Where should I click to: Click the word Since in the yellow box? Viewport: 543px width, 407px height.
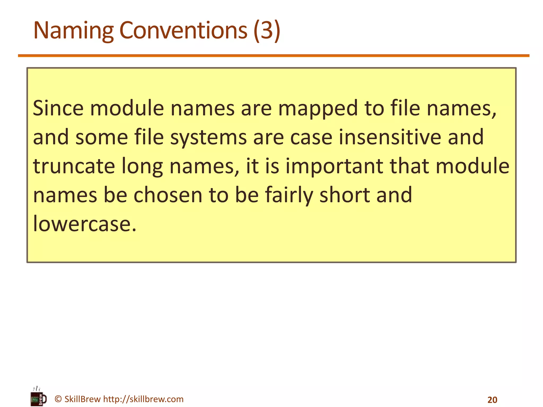coord(58,108)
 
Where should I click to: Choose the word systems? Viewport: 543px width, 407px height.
coord(208,137)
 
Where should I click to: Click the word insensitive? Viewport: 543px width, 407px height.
coord(390,137)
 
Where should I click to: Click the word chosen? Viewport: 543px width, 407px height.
coord(168,195)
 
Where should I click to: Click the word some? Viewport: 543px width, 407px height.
coord(102,137)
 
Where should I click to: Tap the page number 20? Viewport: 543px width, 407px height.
coord(492,400)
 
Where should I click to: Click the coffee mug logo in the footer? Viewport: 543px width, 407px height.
coord(39,397)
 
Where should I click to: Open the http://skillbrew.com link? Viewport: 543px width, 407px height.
coord(143,399)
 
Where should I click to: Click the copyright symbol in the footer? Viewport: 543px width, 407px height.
coord(58,399)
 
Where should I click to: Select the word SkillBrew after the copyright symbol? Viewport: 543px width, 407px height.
coord(82,399)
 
